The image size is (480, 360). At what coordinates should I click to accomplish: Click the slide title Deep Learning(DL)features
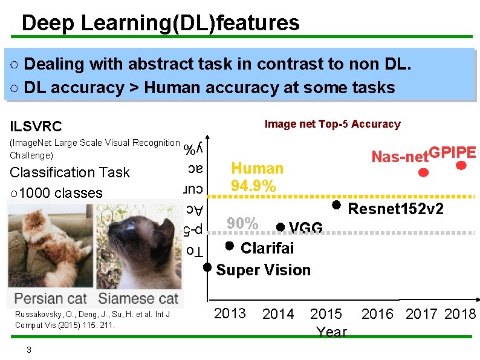point(160,23)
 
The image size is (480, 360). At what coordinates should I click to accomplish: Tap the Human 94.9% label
point(257,177)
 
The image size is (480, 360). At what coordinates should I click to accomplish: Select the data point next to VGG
point(280,227)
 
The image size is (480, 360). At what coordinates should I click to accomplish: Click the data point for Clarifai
point(229,246)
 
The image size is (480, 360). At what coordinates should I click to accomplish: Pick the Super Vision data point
point(207,267)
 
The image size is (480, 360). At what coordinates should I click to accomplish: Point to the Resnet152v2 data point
point(337,205)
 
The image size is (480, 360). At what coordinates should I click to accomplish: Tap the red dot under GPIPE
point(461,165)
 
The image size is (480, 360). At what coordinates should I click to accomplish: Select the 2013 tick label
point(230,313)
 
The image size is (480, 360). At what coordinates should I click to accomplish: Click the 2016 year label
point(377,314)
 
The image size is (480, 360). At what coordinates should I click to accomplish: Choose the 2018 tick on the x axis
point(460,314)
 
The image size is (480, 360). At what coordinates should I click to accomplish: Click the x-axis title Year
point(331,332)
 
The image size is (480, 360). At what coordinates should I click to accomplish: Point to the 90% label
point(242,223)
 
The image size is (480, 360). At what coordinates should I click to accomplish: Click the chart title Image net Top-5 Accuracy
point(332,124)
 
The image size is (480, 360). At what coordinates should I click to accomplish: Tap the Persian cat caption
point(51,298)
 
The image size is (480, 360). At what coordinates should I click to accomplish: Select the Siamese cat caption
point(138,298)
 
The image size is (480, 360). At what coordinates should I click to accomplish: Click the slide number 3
point(28,350)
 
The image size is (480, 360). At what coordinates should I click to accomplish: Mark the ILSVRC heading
point(36,126)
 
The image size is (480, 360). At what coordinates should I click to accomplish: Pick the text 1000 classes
point(61,192)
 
